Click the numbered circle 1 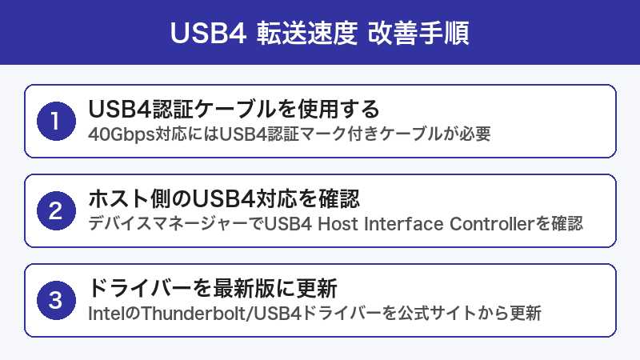(x=54, y=122)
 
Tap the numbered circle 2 (x=54, y=211)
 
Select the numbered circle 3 (x=54, y=301)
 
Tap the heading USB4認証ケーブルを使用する (x=233, y=110)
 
